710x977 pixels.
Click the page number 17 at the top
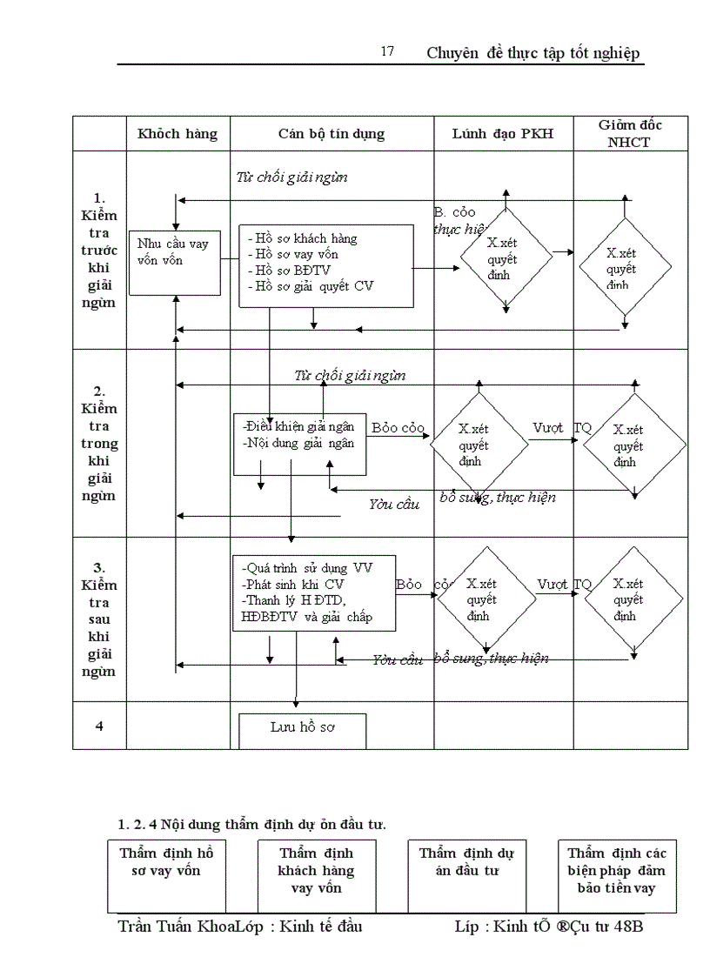pyautogui.click(x=387, y=51)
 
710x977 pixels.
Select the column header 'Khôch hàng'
pyautogui.click(x=177, y=134)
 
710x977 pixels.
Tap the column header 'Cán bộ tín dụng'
pyautogui.click(x=332, y=134)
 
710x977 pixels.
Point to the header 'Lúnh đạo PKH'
pyautogui.click(x=503, y=134)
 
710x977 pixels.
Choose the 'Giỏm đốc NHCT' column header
pyautogui.click(x=629, y=133)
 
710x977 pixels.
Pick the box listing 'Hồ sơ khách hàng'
pyautogui.click(x=326, y=265)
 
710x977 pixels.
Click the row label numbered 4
pyautogui.click(x=99, y=726)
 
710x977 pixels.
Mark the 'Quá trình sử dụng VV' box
pyautogui.click(x=314, y=592)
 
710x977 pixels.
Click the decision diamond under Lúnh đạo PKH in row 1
pyautogui.click(x=506, y=258)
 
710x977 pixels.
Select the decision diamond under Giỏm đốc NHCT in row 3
pyautogui.click(x=627, y=599)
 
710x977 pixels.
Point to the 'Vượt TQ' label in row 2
pyautogui.click(x=561, y=428)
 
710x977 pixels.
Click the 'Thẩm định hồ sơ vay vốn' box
pyautogui.click(x=166, y=874)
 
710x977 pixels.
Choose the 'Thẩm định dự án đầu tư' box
pyautogui.click(x=467, y=874)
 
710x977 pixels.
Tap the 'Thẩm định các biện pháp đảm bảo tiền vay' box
pyautogui.click(x=617, y=874)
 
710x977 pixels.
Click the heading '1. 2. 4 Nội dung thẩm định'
pyautogui.click(x=252, y=823)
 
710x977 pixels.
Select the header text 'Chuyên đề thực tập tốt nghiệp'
pyautogui.click(x=533, y=53)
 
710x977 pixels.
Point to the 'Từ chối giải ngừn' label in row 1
pyautogui.click(x=292, y=177)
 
